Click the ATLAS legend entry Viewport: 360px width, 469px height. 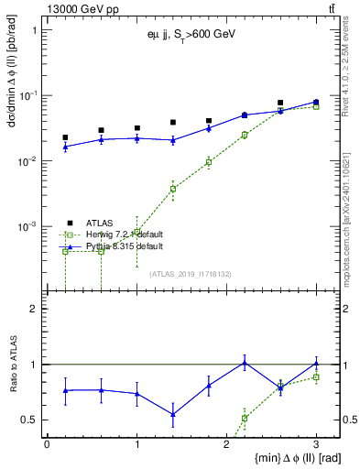tap(100, 222)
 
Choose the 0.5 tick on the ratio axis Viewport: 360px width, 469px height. tap(32, 420)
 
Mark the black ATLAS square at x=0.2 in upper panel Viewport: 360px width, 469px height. tap(65, 137)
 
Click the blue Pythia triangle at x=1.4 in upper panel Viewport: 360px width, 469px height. tap(172, 140)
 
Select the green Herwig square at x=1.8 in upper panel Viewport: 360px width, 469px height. tap(209, 162)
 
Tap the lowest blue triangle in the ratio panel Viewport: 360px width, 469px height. tap(172, 414)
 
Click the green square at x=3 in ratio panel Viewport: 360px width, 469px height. tap(316, 377)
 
